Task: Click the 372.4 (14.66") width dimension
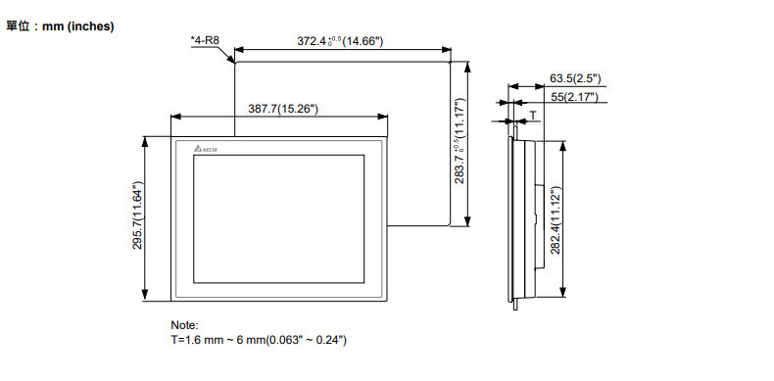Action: point(340,41)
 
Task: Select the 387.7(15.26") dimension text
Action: point(283,109)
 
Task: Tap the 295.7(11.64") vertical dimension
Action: point(138,215)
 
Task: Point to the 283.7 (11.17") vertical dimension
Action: point(460,141)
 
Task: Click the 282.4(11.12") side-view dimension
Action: point(556,220)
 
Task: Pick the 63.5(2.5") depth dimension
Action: point(575,78)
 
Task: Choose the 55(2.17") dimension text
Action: point(574,97)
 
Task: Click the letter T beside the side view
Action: point(533,115)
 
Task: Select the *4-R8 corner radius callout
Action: point(205,40)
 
